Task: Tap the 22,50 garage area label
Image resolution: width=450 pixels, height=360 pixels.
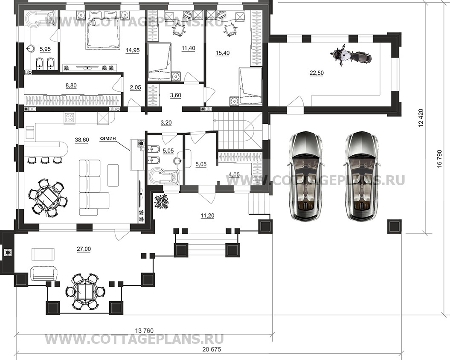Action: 316,73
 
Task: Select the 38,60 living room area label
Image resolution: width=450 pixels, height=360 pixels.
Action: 82,140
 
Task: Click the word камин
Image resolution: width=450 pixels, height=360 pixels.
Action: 107,138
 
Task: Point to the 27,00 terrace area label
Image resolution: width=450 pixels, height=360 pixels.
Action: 84,249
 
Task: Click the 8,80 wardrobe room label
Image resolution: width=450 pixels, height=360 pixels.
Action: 71,86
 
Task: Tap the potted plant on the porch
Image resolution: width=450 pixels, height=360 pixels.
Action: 162,201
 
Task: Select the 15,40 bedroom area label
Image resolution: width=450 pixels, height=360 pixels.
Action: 222,53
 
